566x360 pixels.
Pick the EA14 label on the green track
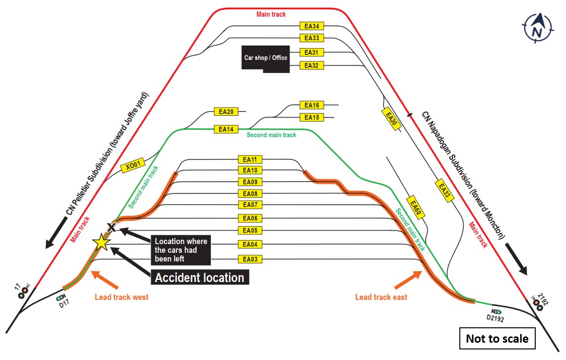point(226,129)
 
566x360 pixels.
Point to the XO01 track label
point(132,166)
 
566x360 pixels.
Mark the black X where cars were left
point(111,227)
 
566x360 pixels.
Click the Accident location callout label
point(199,277)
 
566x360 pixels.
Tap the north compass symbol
point(537,28)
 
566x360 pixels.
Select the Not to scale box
point(497,338)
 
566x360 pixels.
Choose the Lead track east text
point(381,297)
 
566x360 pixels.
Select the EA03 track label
point(250,260)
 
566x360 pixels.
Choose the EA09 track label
point(250,182)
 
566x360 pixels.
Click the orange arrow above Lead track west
point(103,278)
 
